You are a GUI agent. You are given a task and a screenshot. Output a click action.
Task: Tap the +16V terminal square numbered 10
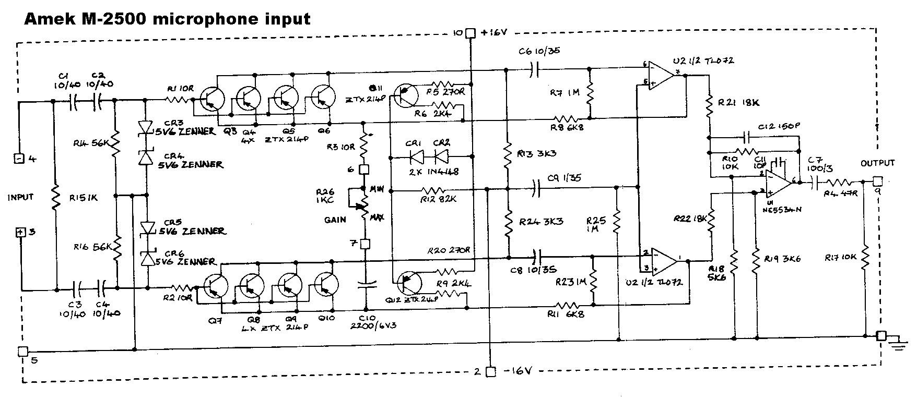click(x=470, y=33)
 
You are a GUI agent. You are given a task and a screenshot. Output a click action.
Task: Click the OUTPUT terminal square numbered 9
click(x=877, y=181)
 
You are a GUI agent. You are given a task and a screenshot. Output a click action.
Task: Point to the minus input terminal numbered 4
click(x=19, y=158)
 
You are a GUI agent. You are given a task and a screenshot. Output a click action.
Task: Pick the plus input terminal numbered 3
click(x=20, y=232)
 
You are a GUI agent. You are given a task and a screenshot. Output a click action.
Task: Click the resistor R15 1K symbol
click(x=55, y=198)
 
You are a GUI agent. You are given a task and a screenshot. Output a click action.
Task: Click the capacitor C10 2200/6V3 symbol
click(x=366, y=285)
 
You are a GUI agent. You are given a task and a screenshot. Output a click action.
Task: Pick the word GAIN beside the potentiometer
click(x=335, y=220)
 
